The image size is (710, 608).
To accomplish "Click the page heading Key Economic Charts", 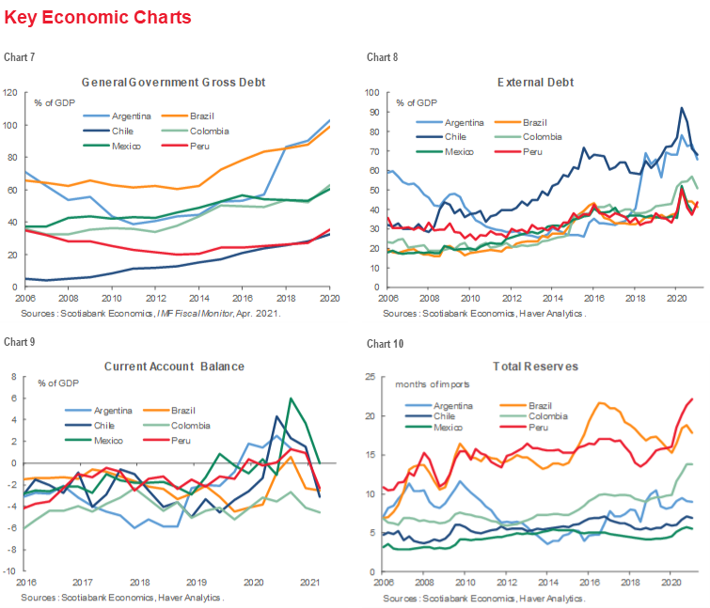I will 98,18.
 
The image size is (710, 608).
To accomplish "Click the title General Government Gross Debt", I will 174,82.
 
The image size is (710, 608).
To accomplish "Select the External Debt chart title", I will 536,82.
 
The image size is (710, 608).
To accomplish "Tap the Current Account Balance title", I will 174,365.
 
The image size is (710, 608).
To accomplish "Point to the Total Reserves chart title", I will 536,365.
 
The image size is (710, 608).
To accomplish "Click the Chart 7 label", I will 20,57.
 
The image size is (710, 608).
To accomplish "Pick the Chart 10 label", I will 384,343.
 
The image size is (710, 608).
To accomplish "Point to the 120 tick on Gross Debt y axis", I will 12,92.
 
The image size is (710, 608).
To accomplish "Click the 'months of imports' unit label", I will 432,384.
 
